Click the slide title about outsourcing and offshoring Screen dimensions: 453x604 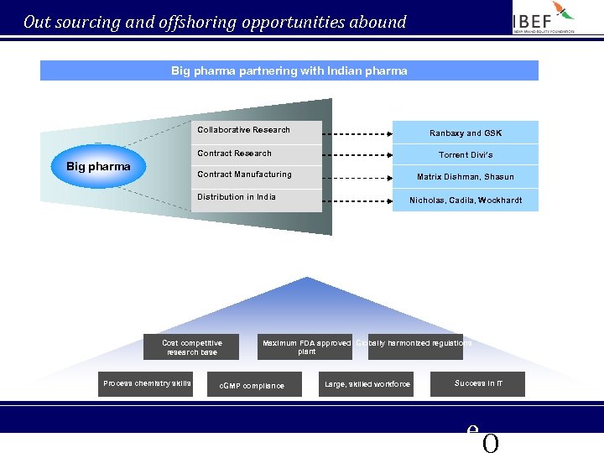(x=215, y=22)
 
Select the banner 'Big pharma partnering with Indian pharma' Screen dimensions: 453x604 (x=289, y=71)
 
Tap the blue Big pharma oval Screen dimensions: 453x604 (x=98, y=166)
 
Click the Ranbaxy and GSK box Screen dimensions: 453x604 (x=466, y=133)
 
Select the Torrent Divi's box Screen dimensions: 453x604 (x=466, y=154)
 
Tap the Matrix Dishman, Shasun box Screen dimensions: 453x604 (x=466, y=177)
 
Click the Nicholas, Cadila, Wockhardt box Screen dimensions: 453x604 (x=466, y=200)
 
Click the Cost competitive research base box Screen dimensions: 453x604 (x=192, y=347)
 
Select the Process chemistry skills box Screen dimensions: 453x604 (x=146, y=384)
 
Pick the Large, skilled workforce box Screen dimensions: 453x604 (x=367, y=384)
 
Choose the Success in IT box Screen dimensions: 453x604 (x=478, y=383)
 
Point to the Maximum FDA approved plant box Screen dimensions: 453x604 (x=305, y=347)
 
